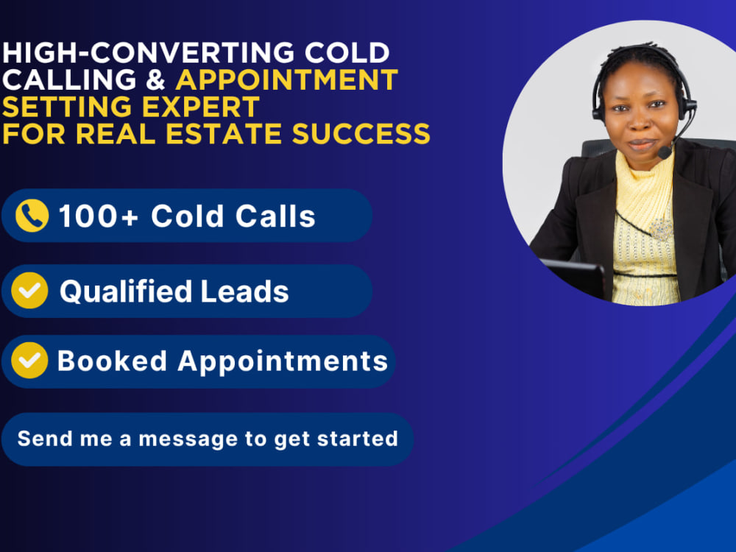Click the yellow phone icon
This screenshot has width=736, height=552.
32,216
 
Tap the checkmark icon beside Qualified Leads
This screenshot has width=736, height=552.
30,291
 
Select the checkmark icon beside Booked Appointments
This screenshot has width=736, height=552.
30,361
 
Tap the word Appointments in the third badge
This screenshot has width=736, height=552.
283,361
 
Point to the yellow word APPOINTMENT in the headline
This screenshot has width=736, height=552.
287,79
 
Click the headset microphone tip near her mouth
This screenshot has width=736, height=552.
665,152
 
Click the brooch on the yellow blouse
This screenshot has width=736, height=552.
660,230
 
